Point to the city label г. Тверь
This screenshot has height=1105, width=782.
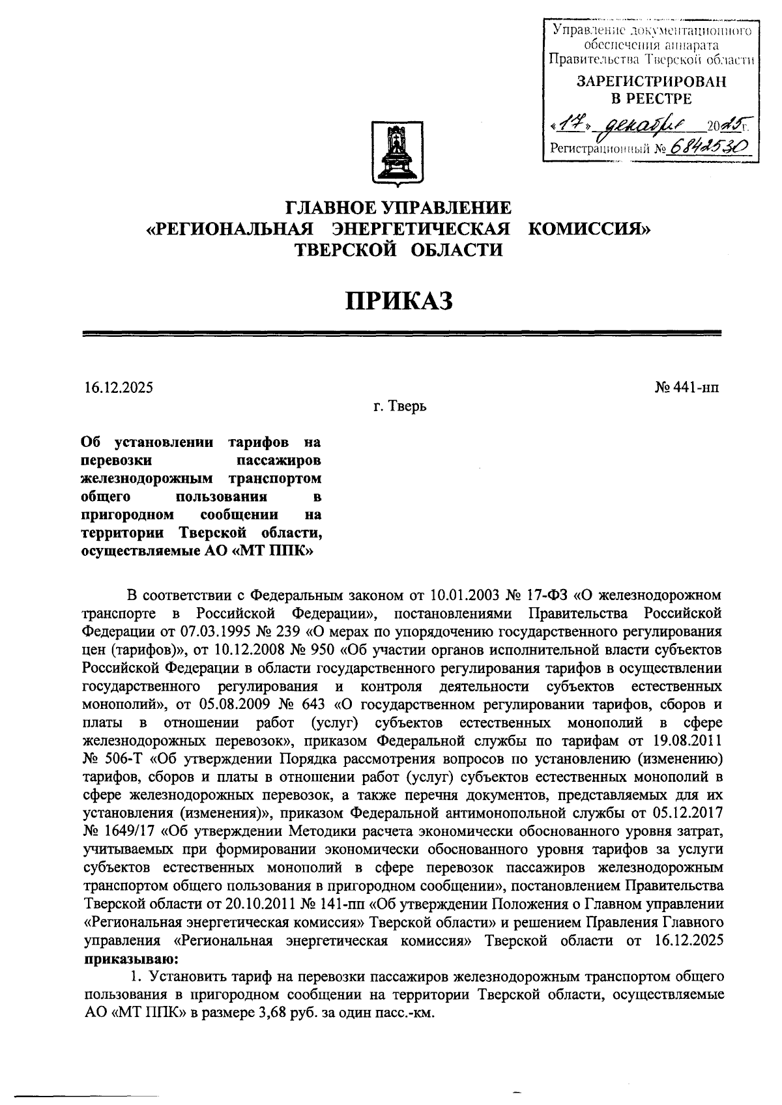(399, 407)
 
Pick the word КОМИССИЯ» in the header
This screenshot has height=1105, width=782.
(588, 229)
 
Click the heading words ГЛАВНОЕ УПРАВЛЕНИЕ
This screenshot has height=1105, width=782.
(398, 208)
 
